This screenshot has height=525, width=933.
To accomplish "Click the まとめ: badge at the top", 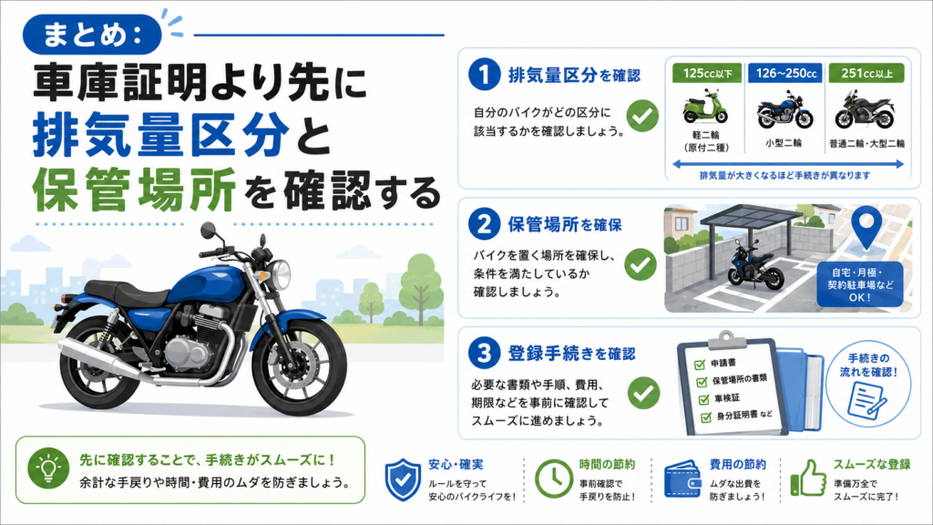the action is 92,34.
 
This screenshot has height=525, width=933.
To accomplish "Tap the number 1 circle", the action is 484,75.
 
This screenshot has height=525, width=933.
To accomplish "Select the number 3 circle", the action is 484,353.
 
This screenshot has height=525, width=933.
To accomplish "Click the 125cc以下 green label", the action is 707,73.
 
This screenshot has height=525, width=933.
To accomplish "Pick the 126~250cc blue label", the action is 785,73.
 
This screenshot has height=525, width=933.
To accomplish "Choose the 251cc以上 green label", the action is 866,73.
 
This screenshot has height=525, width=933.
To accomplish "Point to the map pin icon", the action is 866,227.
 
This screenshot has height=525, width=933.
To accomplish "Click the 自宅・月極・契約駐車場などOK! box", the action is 860,284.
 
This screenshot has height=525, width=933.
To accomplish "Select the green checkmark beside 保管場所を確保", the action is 641,264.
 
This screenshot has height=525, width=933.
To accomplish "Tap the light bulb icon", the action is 48,468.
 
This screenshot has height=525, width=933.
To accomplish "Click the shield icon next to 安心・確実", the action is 403,479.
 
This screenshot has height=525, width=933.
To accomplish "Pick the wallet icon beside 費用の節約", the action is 682,479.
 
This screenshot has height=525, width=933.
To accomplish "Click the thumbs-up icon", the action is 808,478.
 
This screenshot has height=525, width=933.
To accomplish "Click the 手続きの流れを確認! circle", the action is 868,384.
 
